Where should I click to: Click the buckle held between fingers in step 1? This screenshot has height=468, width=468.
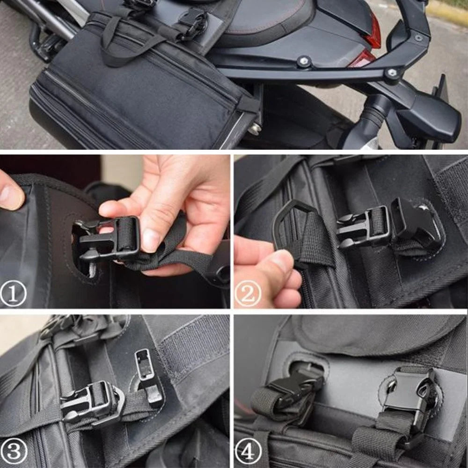click(x=110, y=239)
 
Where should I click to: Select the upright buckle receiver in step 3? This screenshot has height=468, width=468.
click(x=147, y=374)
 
